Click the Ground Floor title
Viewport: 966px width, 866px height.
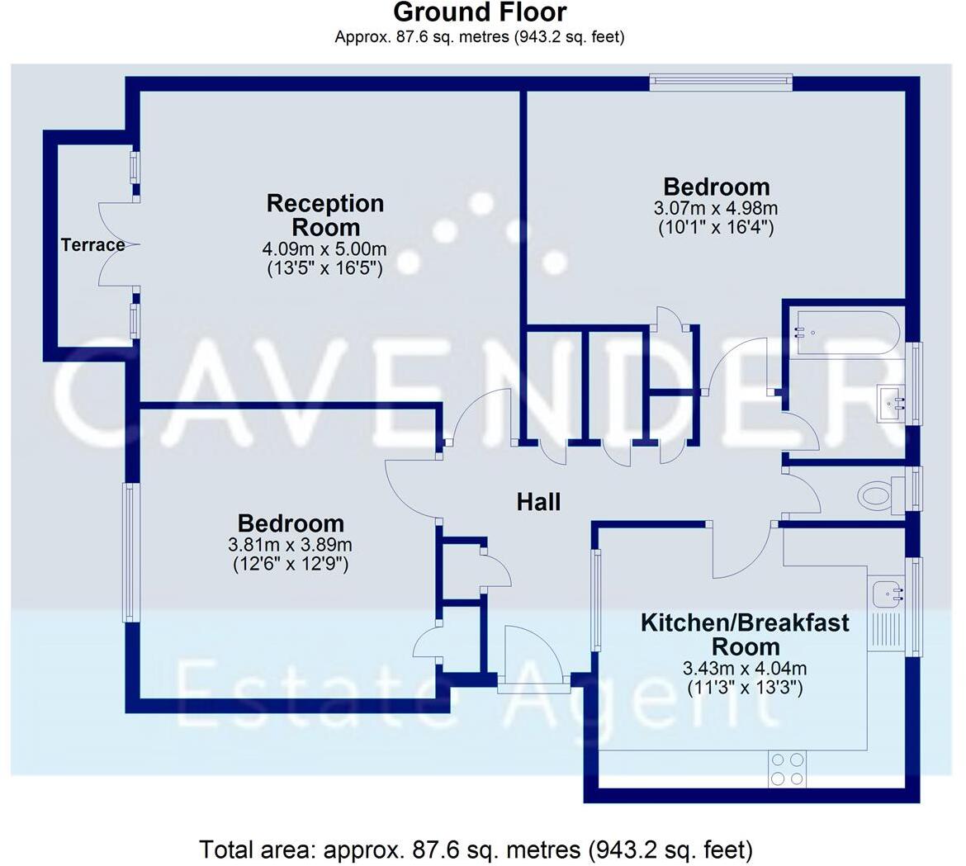coord(480,12)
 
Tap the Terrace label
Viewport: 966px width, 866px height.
coord(92,244)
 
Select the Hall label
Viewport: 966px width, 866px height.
coord(538,501)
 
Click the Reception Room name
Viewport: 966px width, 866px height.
coord(325,215)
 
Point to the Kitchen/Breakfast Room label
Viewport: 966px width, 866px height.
coord(745,633)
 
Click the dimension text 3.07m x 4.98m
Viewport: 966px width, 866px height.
coord(717,208)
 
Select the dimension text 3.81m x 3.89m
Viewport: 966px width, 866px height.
coord(291,545)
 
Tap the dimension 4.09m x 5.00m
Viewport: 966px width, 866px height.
coord(324,248)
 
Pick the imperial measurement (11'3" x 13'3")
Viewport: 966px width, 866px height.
coord(745,686)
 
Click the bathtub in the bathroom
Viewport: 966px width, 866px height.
coord(842,333)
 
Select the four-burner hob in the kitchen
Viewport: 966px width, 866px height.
coord(787,769)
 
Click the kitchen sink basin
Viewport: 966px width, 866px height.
coord(888,592)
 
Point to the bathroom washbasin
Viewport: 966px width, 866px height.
coord(894,404)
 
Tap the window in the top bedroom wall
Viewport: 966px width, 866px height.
coord(721,82)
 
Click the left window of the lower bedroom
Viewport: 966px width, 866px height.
coord(130,551)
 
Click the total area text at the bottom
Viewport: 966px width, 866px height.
coord(476,849)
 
